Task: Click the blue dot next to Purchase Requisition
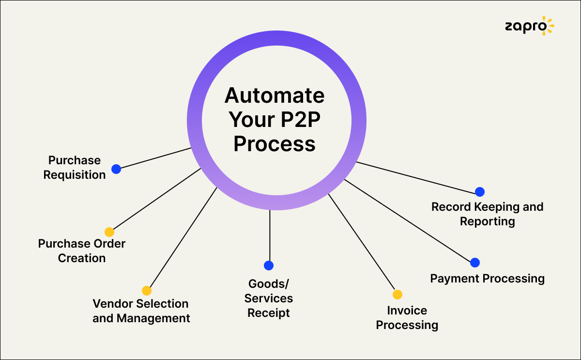(116, 169)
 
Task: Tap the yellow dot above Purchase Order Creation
(109, 232)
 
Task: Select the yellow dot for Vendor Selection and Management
(147, 291)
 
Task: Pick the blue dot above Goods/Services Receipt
(269, 266)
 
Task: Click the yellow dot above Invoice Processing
(398, 295)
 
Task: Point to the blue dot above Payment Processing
(475, 263)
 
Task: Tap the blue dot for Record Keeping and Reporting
(480, 192)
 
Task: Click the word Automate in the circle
(275, 95)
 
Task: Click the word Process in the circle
(275, 144)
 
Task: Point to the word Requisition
(75, 175)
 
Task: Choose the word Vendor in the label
(113, 304)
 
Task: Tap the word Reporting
(487, 221)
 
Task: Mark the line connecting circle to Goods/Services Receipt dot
(269, 235)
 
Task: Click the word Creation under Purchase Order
(82, 258)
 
